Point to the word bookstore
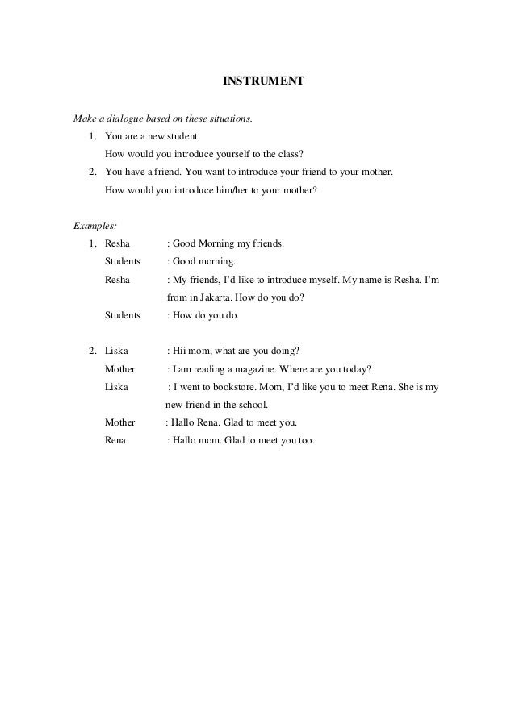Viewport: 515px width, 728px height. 240,387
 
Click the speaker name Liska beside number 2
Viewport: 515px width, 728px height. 117,352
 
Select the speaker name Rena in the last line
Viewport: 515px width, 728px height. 116,441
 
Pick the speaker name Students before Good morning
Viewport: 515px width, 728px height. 123,261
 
